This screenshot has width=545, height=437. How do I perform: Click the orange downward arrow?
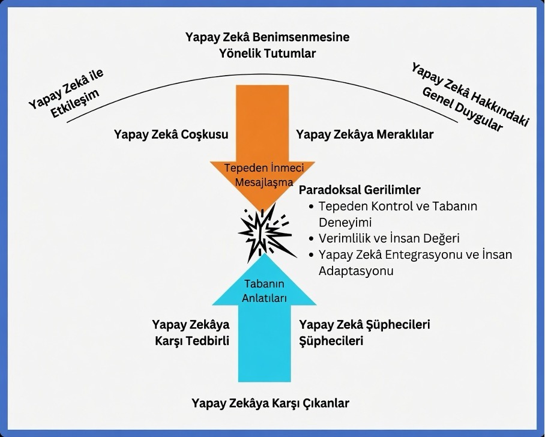click(262, 139)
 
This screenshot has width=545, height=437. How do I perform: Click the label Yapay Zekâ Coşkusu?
click(171, 134)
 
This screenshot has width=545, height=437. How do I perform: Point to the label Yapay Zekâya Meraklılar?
click(364, 134)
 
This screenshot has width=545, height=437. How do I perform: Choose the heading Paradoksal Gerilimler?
click(360, 190)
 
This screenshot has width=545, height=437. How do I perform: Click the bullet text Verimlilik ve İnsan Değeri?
click(389, 238)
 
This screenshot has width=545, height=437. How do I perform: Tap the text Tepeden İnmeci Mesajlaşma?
click(264, 175)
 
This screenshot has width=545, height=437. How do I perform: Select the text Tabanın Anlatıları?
click(264, 291)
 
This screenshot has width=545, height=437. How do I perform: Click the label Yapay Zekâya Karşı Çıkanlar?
click(271, 403)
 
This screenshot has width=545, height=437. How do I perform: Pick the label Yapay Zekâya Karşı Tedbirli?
click(191, 333)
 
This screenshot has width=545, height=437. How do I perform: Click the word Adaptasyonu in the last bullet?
click(356, 271)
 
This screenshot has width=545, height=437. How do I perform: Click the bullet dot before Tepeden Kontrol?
click(312, 206)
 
